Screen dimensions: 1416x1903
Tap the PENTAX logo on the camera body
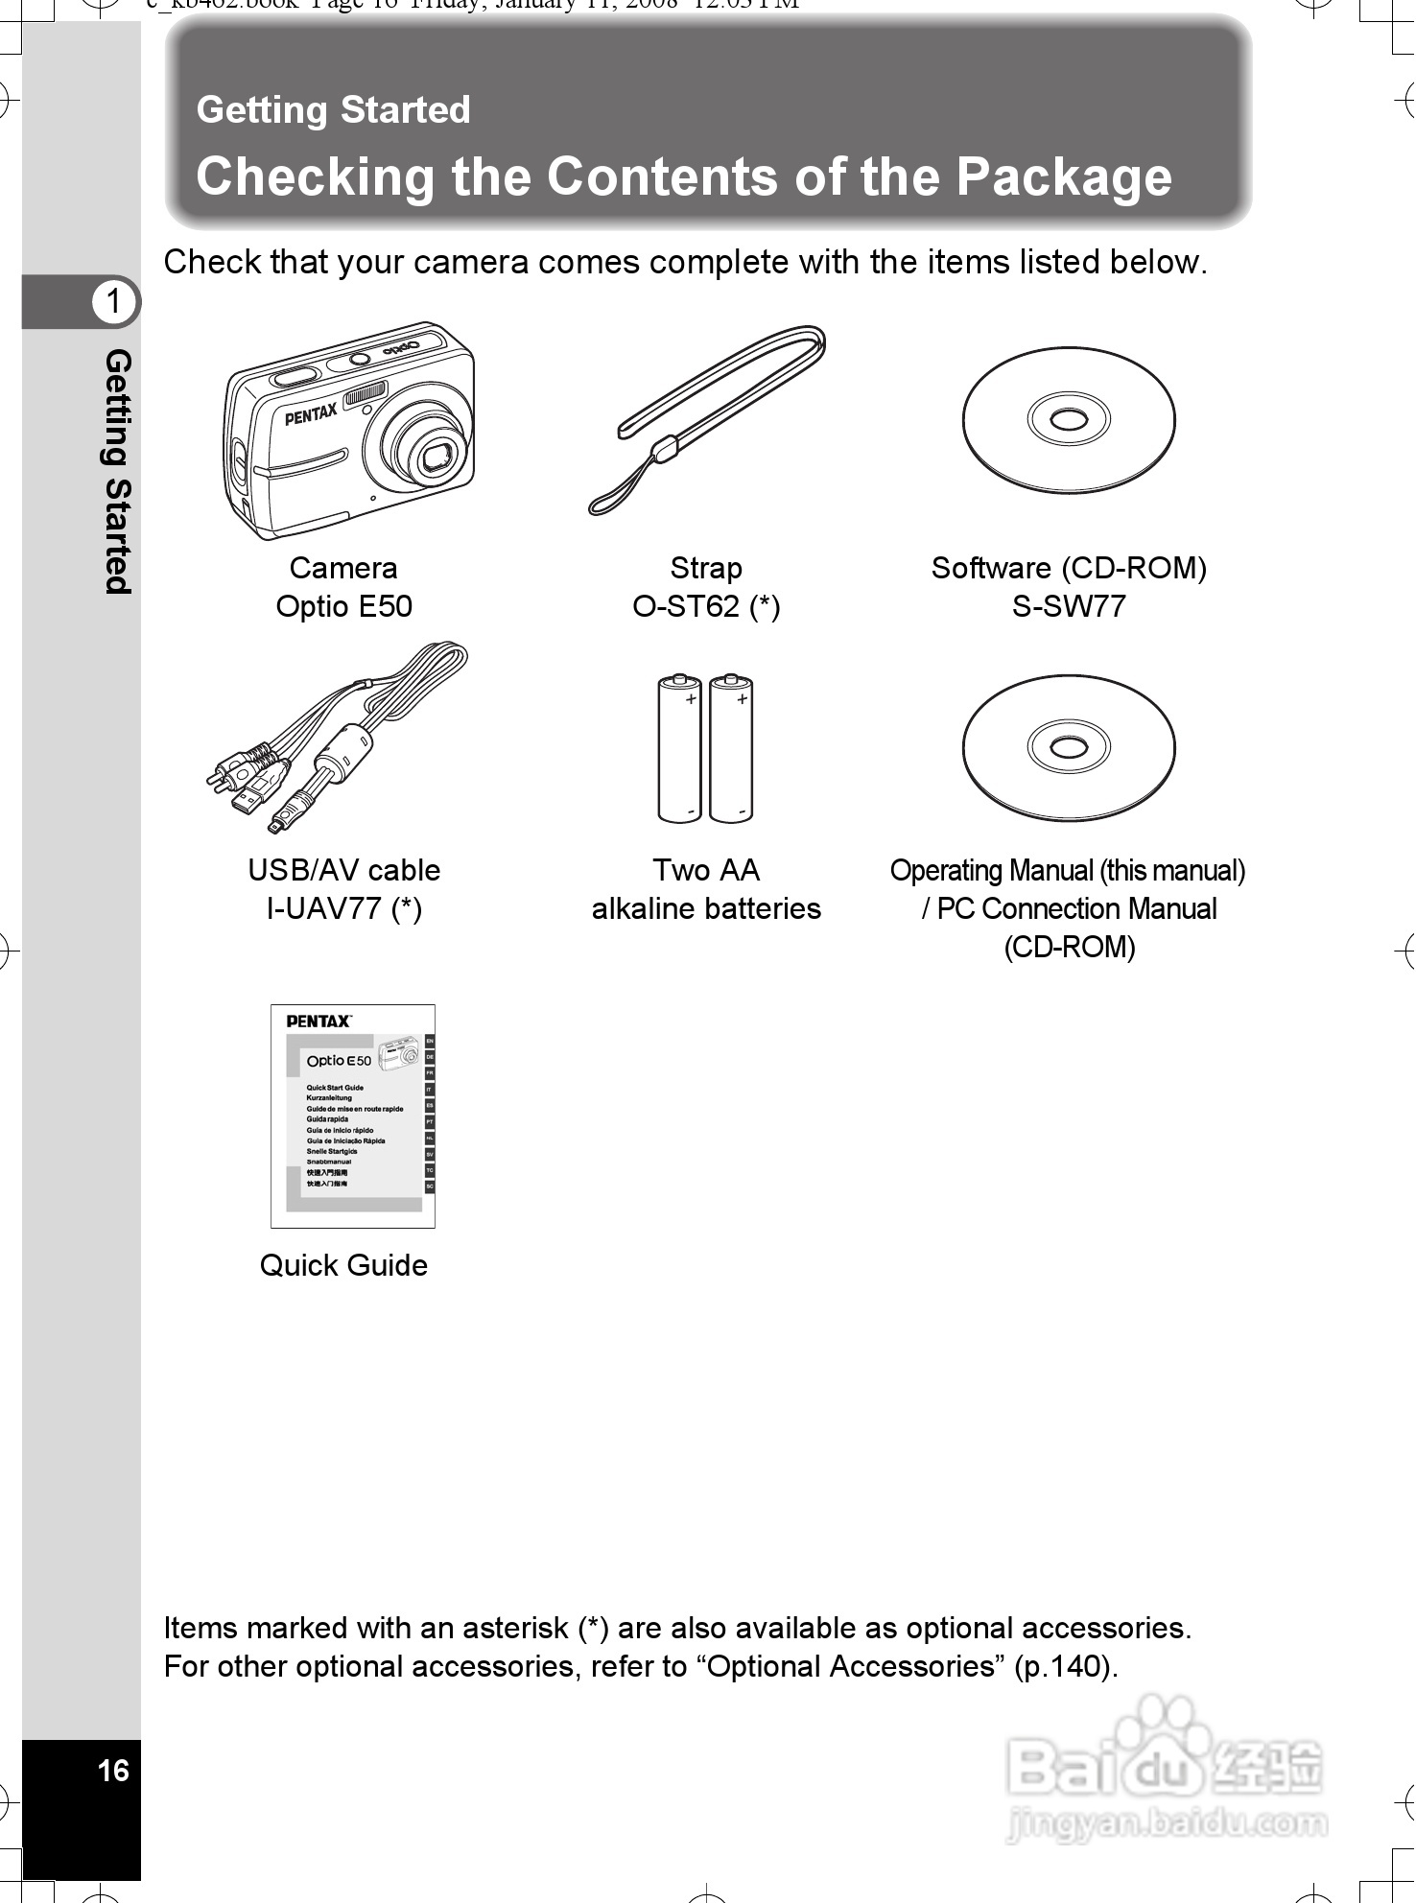coord(311,413)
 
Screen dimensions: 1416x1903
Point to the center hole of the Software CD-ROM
coord(1068,419)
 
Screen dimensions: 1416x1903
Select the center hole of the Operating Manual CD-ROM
coord(1068,747)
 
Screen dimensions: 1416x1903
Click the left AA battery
coord(679,748)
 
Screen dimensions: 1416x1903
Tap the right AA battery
coord(731,748)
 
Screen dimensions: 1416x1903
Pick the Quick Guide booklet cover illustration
coord(353,1116)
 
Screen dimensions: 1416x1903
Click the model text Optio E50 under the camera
coord(343,606)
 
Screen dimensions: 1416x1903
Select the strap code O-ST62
coord(687,606)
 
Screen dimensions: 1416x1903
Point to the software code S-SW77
coord(1069,606)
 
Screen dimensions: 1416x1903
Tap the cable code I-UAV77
coord(324,908)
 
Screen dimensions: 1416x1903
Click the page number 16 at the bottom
coord(113,1770)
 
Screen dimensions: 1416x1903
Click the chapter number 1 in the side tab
coord(114,301)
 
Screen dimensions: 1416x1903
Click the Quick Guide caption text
coord(343,1265)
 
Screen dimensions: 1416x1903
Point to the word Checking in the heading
coord(316,176)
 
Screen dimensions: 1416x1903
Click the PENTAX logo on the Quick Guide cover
coord(319,1022)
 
